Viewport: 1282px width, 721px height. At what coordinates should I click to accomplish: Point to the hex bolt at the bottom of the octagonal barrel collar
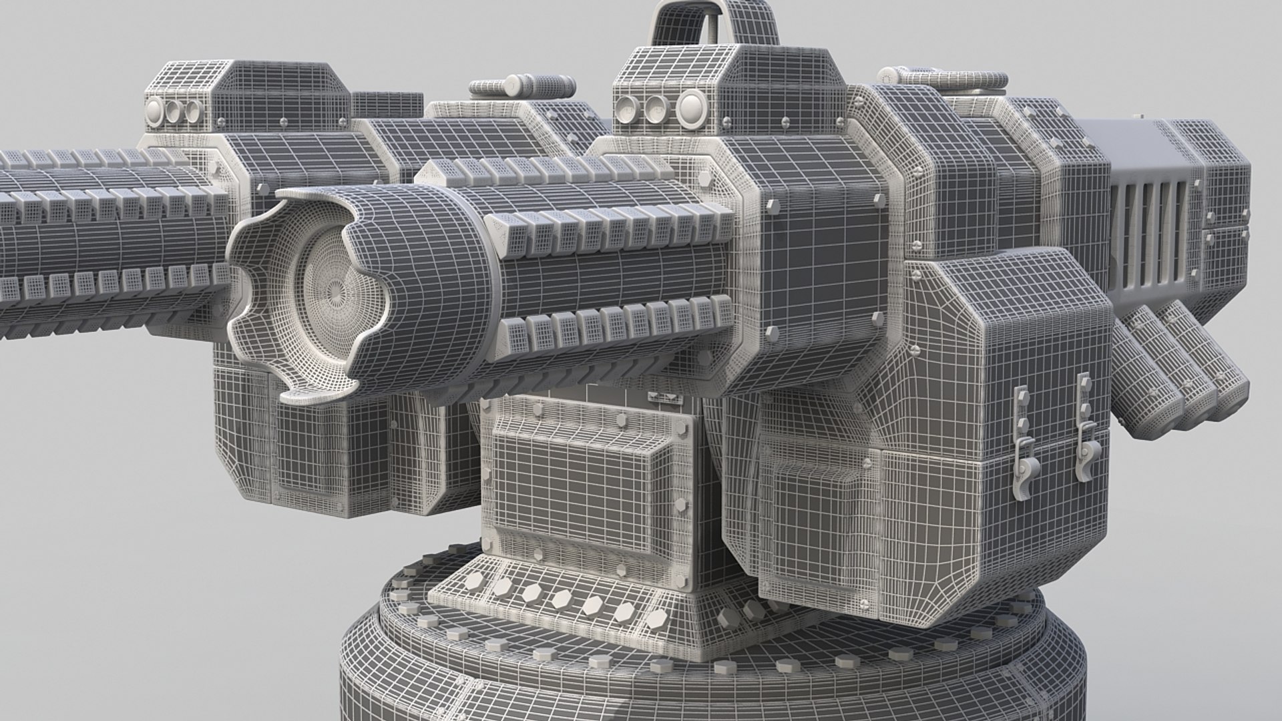click(773, 332)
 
